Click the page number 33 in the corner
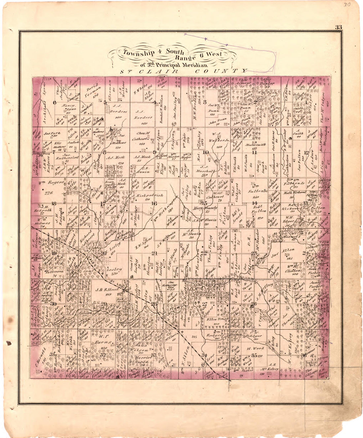tap(338, 27)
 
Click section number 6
tap(54, 102)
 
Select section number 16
tap(154, 203)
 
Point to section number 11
tap(254, 152)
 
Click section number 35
tap(254, 356)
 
